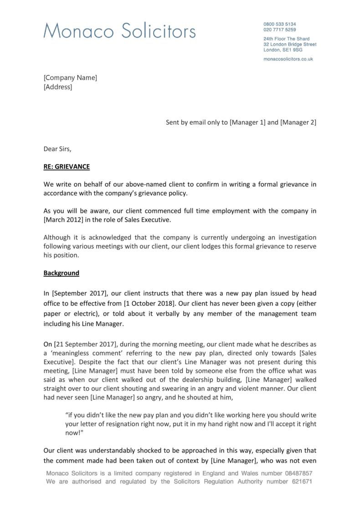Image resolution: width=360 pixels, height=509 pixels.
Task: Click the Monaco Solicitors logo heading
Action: (119, 31)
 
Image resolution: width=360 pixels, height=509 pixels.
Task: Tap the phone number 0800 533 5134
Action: (279, 24)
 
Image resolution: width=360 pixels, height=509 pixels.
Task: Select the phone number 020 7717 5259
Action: (279, 29)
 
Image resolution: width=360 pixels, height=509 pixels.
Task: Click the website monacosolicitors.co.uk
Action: (288, 59)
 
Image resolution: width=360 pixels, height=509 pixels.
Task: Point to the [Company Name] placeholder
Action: (70, 78)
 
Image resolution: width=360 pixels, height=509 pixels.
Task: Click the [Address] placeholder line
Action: (58, 87)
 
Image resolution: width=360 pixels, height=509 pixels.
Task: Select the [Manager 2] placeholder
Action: (298, 122)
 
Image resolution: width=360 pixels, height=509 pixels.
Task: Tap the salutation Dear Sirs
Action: (57, 149)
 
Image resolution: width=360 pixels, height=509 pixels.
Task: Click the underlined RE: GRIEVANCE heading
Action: (67, 166)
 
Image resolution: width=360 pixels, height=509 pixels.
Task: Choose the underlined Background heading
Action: (61, 273)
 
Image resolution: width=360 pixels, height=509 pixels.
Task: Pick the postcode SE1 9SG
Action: (293, 50)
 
